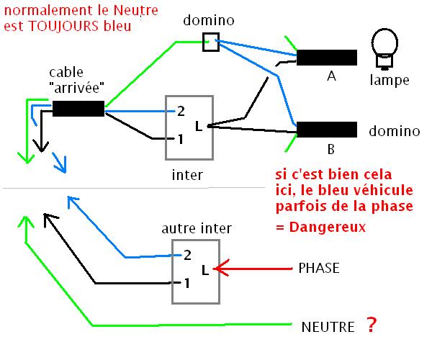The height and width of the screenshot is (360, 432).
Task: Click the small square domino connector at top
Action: pyautogui.click(x=210, y=42)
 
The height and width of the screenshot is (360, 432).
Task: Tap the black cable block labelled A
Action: pyautogui.click(x=327, y=58)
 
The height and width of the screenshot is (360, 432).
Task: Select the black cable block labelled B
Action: pyautogui.click(x=327, y=130)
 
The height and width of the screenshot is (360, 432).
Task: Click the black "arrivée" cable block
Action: pyautogui.click(x=78, y=109)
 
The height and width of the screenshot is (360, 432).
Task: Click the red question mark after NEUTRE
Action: pyautogui.click(x=371, y=325)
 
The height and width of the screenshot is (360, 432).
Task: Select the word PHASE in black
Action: pyautogui.click(x=318, y=268)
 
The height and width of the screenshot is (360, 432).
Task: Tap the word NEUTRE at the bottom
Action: pyautogui.click(x=328, y=327)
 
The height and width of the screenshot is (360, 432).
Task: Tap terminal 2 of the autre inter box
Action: pyautogui.click(x=186, y=254)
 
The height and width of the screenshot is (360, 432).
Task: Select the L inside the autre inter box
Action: pyautogui.click(x=205, y=270)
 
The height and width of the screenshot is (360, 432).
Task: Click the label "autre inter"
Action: pyautogui.click(x=197, y=229)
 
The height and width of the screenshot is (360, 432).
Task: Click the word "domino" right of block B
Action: pyautogui.click(x=394, y=132)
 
